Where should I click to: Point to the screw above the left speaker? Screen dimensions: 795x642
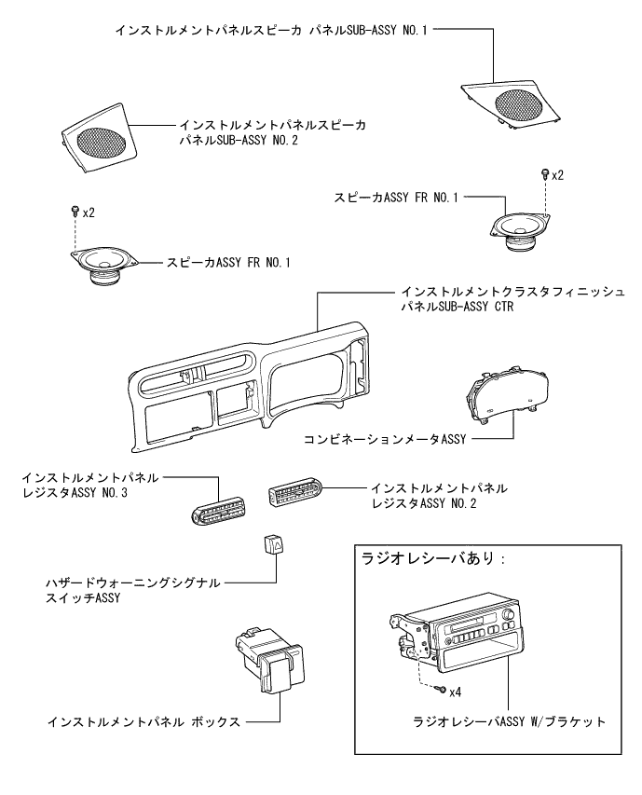coord(75,213)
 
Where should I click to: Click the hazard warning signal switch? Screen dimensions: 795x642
coord(272,543)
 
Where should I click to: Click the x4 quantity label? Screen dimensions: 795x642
coord(457,692)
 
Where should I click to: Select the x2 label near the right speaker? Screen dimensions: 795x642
coord(558,175)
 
